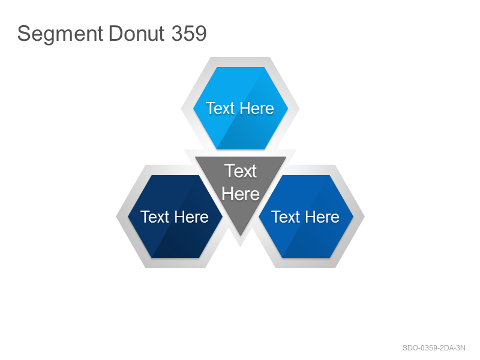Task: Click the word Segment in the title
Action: (x=60, y=34)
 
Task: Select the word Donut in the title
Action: (x=137, y=33)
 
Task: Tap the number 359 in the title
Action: (x=189, y=33)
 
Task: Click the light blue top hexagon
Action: (x=241, y=108)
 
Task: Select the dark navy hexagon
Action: (x=175, y=217)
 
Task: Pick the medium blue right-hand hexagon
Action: (x=306, y=217)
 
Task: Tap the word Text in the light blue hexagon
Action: (x=220, y=109)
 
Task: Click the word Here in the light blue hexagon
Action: (x=257, y=109)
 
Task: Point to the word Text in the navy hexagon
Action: (x=155, y=217)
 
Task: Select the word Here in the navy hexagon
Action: (x=191, y=217)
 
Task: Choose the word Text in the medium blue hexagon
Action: (x=286, y=217)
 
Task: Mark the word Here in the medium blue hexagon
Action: (x=322, y=217)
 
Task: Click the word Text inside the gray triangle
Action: (x=241, y=171)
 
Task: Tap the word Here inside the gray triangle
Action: (x=241, y=194)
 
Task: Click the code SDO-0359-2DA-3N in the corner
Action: (x=434, y=348)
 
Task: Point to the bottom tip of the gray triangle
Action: (x=241, y=236)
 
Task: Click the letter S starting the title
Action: (x=24, y=33)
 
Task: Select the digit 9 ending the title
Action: (x=202, y=33)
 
